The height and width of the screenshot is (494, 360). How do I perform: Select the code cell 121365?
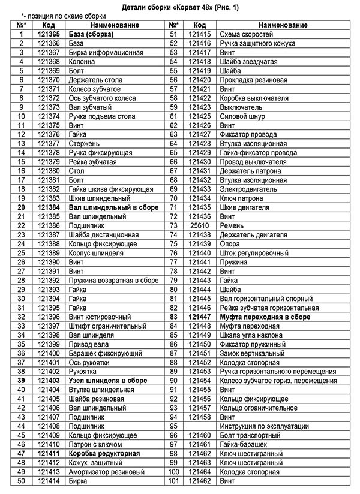(x=49, y=35)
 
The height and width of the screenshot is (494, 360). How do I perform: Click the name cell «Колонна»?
(x=82, y=62)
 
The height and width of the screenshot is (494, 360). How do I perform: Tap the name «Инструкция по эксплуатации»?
(x=265, y=426)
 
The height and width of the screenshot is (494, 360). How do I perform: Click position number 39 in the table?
(x=21, y=381)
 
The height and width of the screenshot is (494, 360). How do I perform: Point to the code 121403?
(x=49, y=381)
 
